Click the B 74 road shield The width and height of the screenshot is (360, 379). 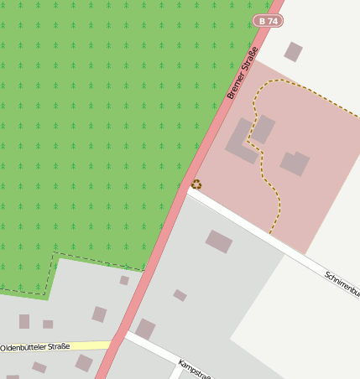(266, 20)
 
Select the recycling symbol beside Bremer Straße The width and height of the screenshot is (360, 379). (196, 184)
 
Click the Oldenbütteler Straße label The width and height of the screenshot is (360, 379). (35, 346)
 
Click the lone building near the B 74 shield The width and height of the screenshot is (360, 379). (293, 52)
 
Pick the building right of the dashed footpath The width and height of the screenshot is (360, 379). (295, 163)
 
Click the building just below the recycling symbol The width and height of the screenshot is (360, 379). (219, 241)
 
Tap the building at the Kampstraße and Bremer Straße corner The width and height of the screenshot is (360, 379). (145, 329)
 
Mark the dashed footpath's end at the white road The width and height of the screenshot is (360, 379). (270, 232)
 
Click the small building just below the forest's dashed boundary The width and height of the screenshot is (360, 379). (124, 280)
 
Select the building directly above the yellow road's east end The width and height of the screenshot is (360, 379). (99, 314)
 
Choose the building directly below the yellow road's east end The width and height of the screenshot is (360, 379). (84, 362)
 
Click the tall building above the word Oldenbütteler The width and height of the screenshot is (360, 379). (24, 321)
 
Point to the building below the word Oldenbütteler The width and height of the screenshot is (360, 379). (39, 367)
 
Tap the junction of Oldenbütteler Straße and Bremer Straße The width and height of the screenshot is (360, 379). (114, 344)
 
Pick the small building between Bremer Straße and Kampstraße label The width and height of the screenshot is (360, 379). (180, 295)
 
